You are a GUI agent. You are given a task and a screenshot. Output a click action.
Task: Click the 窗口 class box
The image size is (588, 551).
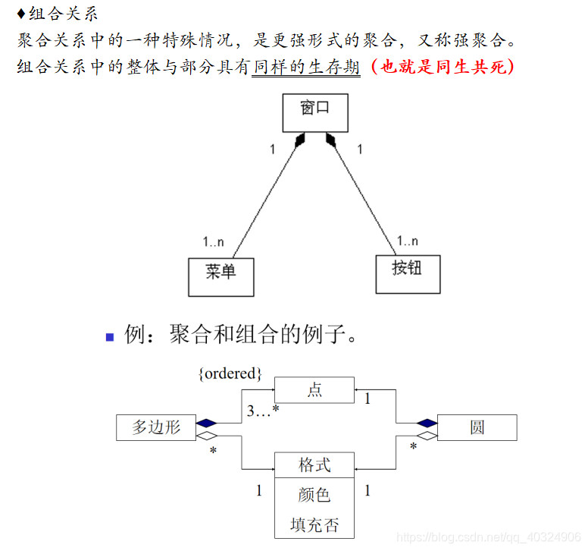pos(314,111)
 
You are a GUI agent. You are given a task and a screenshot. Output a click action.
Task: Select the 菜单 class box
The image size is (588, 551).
pos(220,276)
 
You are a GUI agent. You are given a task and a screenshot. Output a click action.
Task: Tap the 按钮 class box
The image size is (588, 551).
pos(408,272)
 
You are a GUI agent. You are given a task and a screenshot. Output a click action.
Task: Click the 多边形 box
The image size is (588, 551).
pos(156,427)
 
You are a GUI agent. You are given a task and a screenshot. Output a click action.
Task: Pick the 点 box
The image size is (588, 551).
pos(314,390)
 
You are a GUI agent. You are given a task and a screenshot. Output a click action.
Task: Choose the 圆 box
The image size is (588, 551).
pos(477,427)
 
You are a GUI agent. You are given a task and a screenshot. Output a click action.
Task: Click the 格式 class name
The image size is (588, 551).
pos(314,464)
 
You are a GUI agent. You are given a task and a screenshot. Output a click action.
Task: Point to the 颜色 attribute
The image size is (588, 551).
pos(314,495)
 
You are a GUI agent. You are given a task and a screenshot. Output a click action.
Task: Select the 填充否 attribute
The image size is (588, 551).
pos(314,524)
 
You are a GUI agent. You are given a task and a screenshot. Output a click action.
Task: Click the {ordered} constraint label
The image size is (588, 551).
pos(230,373)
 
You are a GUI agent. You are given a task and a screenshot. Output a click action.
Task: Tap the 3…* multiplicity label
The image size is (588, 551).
pos(264,411)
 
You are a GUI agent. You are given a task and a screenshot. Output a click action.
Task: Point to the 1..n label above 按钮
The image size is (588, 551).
pos(407,241)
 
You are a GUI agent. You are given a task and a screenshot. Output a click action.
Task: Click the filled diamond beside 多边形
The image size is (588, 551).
pos(206,423)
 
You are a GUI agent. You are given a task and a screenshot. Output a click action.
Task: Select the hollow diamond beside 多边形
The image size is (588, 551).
pos(206,436)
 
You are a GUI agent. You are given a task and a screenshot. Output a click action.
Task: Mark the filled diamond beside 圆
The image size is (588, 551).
pos(427,423)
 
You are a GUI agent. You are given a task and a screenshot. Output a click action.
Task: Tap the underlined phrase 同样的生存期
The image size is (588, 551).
pos(306,67)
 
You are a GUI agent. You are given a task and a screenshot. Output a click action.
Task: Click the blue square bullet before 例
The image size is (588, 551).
pos(110,336)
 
